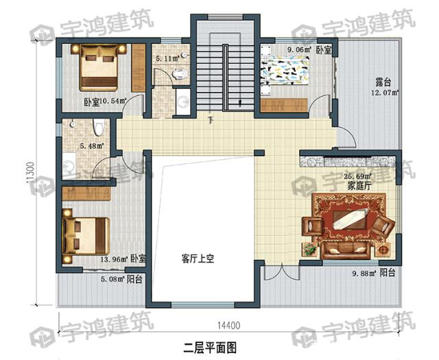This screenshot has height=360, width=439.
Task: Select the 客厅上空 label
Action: [x=199, y=259]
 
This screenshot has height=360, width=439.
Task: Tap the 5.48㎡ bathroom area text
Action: [x=91, y=145]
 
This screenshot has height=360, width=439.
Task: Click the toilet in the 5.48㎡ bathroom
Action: [x=98, y=127]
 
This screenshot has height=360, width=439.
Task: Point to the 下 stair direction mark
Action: [x=211, y=121]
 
